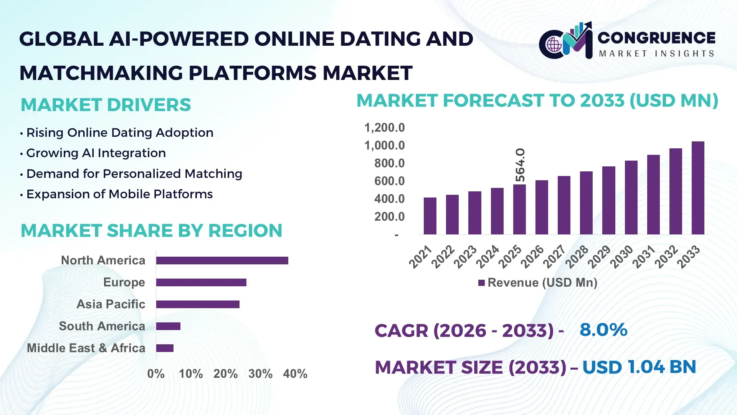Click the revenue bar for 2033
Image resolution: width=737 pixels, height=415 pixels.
pos(698,188)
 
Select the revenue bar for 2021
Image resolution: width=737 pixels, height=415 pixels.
pos(430,216)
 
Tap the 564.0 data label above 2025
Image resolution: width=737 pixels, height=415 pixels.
pos(520,165)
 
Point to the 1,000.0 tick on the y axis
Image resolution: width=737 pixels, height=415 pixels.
pos(384,146)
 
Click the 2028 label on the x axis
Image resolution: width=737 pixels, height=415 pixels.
pos(577,256)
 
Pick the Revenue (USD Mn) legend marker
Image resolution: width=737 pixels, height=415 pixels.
pos(481,283)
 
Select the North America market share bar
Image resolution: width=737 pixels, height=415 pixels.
pos(222,261)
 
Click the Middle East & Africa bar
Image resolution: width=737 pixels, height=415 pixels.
pos(165,348)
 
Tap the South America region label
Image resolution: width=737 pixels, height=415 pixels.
pos(102,326)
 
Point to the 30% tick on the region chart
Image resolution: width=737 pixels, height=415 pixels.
pos(260,373)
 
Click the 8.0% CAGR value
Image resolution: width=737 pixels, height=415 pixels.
pos(603,330)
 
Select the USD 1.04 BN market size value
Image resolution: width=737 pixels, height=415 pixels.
pos(639,367)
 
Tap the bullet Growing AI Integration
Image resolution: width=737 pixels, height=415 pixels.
pos(96,153)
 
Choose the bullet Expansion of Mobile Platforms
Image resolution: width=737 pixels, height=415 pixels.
pos(119,194)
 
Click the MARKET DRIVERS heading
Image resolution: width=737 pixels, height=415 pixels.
pos(106,105)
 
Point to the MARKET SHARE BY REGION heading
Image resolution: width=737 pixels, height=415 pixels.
pos(151,231)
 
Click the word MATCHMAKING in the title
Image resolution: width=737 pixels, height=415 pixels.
pos(101,73)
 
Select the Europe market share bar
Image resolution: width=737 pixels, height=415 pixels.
pos(201,282)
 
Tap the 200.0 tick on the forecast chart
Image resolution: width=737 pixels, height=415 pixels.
pos(389,217)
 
